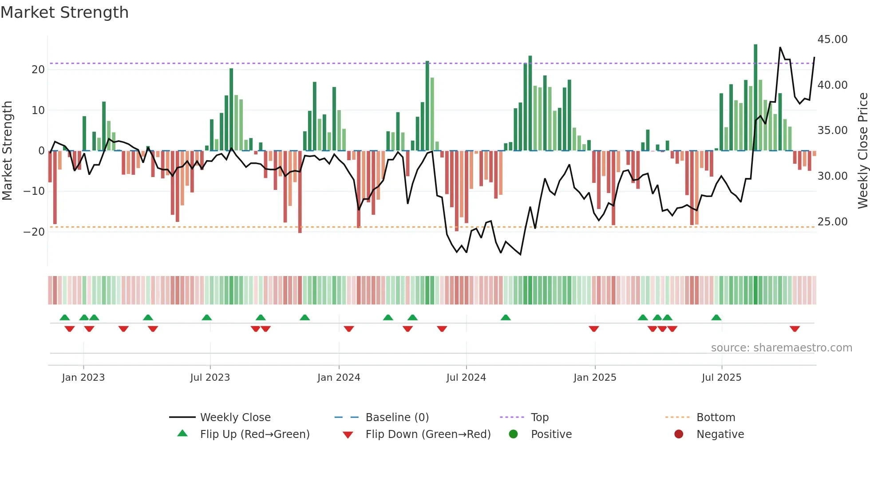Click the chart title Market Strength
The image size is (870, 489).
64,12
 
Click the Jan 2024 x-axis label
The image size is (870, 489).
339,377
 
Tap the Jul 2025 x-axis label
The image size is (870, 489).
721,377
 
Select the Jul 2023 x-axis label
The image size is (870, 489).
210,377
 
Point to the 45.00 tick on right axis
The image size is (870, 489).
832,39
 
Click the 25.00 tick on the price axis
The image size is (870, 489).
832,221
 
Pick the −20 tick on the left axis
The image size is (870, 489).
34,232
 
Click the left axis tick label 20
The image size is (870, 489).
38,69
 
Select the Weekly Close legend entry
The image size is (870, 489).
235,417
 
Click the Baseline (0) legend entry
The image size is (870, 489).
397,417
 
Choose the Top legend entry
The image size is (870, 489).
539,417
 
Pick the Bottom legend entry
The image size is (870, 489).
716,417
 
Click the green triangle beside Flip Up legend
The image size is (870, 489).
182,434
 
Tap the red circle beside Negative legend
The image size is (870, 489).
678,434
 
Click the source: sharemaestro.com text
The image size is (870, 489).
781,347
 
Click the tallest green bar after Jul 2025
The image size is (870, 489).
755,98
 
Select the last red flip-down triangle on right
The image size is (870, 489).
795,329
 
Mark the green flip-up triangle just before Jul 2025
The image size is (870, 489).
716,317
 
